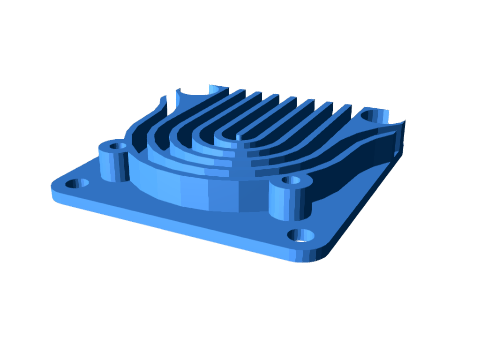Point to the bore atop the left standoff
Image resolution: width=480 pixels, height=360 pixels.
[x=117, y=146]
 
